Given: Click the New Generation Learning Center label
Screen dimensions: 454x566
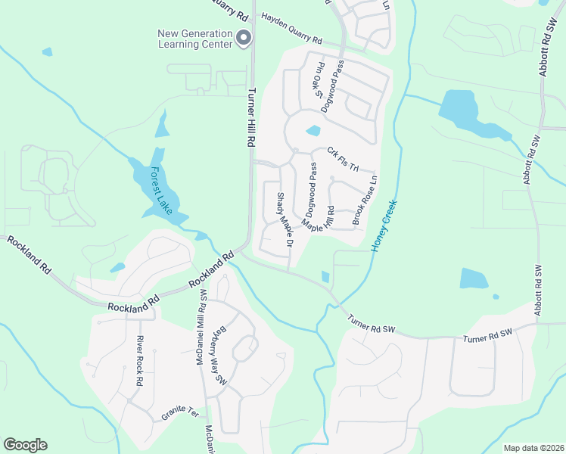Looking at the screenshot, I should point(195,38).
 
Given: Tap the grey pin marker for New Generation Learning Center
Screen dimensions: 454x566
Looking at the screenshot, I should point(244,38).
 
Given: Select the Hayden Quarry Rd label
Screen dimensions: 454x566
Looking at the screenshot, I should point(291,28).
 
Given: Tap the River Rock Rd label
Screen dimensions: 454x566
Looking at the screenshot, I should point(139,362).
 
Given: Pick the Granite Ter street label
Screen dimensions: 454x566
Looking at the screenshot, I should point(179,415).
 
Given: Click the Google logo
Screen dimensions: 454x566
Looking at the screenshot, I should point(25,445).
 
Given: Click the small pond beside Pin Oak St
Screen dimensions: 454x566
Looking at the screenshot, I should point(313,131).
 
